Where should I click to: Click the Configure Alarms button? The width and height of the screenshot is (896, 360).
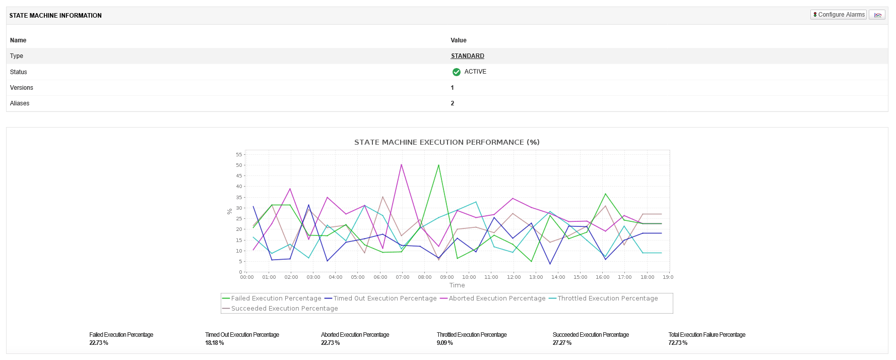[x=839, y=15]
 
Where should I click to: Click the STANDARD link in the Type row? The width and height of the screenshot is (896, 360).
[x=468, y=56]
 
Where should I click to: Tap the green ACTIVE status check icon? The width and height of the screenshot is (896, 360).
[x=457, y=72]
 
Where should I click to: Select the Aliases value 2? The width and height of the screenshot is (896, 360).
[x=453, y=103]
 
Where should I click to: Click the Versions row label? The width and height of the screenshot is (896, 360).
[x=22, y=88]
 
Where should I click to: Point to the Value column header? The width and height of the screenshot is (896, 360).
[x=459, y=40]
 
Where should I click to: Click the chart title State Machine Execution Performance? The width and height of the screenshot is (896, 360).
[x=447, y=142]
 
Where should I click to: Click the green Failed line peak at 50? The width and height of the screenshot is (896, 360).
[x=438, y=165]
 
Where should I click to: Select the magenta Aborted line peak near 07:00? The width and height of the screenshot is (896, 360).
[x=401, y=164]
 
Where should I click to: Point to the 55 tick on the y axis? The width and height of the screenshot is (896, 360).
[x=239, y=154]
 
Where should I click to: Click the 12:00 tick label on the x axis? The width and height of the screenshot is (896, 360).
[x=514, y=277]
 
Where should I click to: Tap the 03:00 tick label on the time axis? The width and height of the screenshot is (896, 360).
[x=313, y=277]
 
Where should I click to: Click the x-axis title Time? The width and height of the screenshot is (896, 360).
[x=457, y=285]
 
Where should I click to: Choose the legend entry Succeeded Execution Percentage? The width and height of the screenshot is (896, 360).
[x=280, y=309]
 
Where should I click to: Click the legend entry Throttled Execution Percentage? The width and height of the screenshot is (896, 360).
[x=603, y=298]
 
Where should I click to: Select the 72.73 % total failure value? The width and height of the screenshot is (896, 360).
[x=678, y=343]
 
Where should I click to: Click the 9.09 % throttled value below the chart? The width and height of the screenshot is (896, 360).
[x=445, y=343]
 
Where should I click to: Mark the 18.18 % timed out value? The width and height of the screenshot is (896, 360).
[x=215, y=343]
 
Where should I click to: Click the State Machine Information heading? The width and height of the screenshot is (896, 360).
[x=55, y=16]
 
